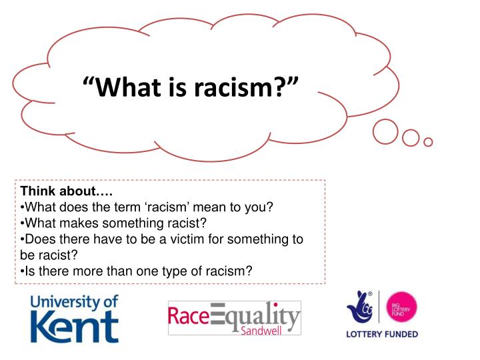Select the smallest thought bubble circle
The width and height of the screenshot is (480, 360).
(429, 141)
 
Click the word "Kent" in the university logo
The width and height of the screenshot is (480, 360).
(75, 327)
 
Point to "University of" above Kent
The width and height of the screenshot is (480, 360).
(74, 302)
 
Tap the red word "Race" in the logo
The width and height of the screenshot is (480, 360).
(189, 315)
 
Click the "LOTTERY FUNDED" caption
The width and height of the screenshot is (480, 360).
(382, 334)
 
